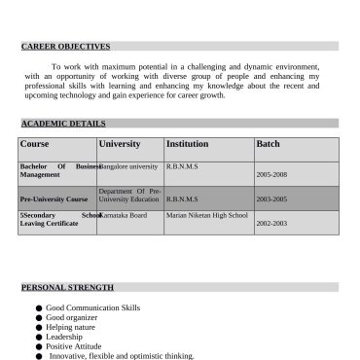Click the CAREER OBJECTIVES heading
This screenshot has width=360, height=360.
tap(65, 46)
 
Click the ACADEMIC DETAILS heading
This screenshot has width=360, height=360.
tap(63, 124)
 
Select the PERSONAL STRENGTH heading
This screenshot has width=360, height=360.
tap(67, 287)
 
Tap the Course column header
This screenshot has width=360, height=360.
tap(34, 144)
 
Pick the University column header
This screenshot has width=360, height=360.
tap(120, 144)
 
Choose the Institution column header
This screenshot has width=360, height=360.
tap(188, 144)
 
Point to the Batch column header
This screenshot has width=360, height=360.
tap(268, 144)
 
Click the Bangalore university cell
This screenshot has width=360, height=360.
tap(129, 166)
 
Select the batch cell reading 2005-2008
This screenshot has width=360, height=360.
tap(271, 174)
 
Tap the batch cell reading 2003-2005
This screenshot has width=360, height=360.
tap(271, 198)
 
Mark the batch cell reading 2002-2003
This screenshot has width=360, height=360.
tap(271, 223)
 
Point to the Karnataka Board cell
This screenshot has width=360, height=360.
tap(125, 215)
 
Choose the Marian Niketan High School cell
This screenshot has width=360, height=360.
tap(207, 215)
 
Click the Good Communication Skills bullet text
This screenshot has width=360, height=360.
tap(92, 307)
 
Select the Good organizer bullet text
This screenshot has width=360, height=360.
tap(72, 317)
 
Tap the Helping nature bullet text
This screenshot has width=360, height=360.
tap(71, 327)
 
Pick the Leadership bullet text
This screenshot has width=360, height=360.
tap(65, 337)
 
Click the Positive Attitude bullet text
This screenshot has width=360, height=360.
tap(73, 346)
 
